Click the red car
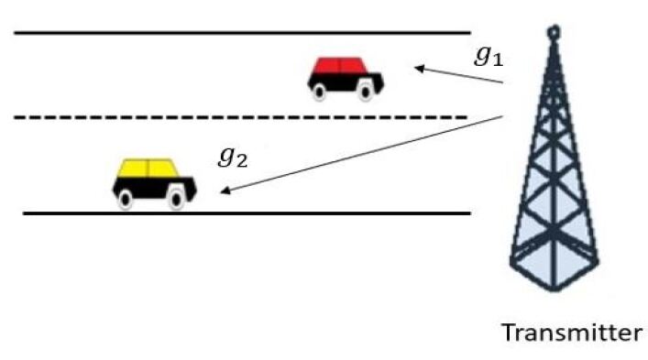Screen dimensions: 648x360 (345, 77)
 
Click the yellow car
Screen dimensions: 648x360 (153, 182)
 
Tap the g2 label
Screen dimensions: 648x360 (232, 157)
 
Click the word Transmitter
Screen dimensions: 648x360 (571, 332)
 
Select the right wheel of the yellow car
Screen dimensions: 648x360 (176, 198)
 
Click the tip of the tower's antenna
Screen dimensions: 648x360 (553, 31)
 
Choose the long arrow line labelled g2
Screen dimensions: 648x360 (367, 153)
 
